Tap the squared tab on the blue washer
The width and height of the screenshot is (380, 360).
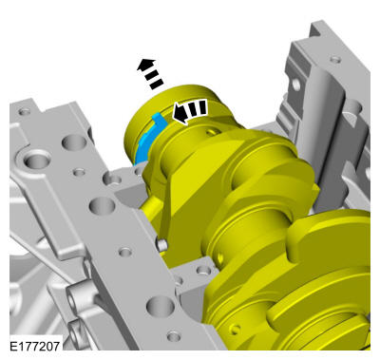click(160, 119)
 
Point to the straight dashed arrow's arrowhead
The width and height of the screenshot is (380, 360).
click(146, 64)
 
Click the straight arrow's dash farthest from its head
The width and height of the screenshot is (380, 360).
click(157, 84)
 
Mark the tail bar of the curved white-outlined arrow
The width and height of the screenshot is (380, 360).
click(202, 107)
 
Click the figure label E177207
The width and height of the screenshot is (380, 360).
click(34, 346)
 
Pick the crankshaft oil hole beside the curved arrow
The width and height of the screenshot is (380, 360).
click(212, 131)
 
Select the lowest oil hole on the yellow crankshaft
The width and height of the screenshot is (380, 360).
click(235, 330)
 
